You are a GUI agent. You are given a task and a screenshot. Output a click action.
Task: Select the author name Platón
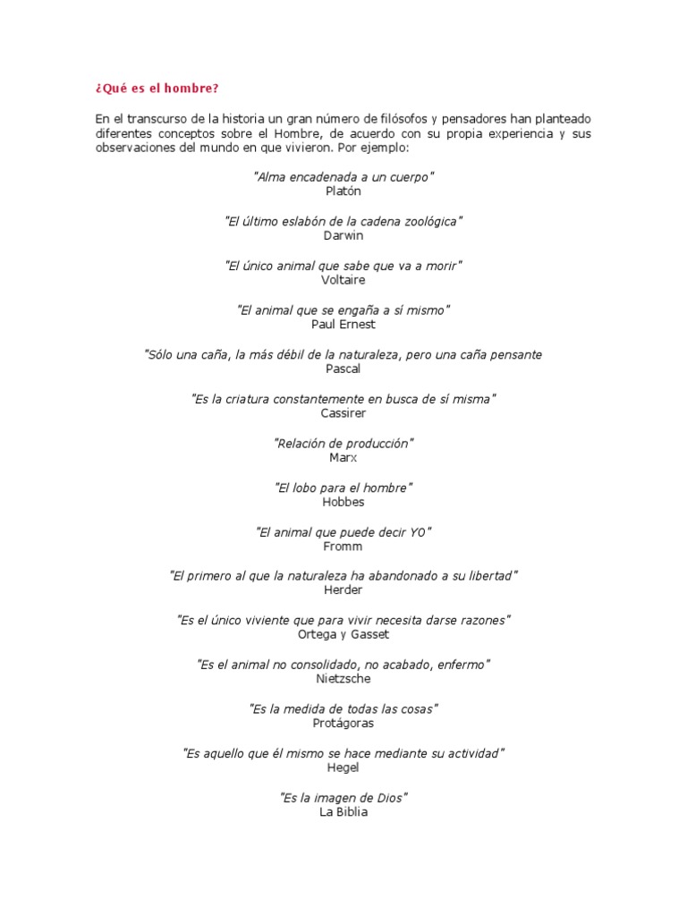[x=343, y=191]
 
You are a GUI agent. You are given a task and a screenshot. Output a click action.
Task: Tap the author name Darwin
[x=343, y=235]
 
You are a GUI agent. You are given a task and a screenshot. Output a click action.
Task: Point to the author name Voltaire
[x=343, y=280]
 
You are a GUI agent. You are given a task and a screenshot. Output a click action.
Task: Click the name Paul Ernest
[x=343, y=324]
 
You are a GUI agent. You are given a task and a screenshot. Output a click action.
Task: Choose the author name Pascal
[x=343, y=369]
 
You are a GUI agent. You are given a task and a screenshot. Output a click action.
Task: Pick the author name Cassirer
[x=343, y=413]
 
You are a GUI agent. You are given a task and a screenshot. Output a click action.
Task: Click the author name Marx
[x=343, y=457]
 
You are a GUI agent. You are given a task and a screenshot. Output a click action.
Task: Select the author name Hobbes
[x=343, y=502]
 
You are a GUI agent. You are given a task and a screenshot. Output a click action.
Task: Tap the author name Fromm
[x=343, y=546]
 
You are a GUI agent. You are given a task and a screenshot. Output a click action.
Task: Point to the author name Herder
[x=343, y=590]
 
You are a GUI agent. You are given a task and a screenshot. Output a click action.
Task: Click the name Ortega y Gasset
[x=343, y=634]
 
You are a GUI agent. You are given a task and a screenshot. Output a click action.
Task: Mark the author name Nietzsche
[x=343, y=679]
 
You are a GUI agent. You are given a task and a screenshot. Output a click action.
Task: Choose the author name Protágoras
[x=343, y=723]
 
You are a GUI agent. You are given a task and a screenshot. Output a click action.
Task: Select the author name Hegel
[x=343, y=768]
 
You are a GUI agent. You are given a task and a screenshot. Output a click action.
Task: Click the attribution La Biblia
[x=343, y=812]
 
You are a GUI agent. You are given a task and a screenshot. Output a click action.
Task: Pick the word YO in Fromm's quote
[x=418, y=532]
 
